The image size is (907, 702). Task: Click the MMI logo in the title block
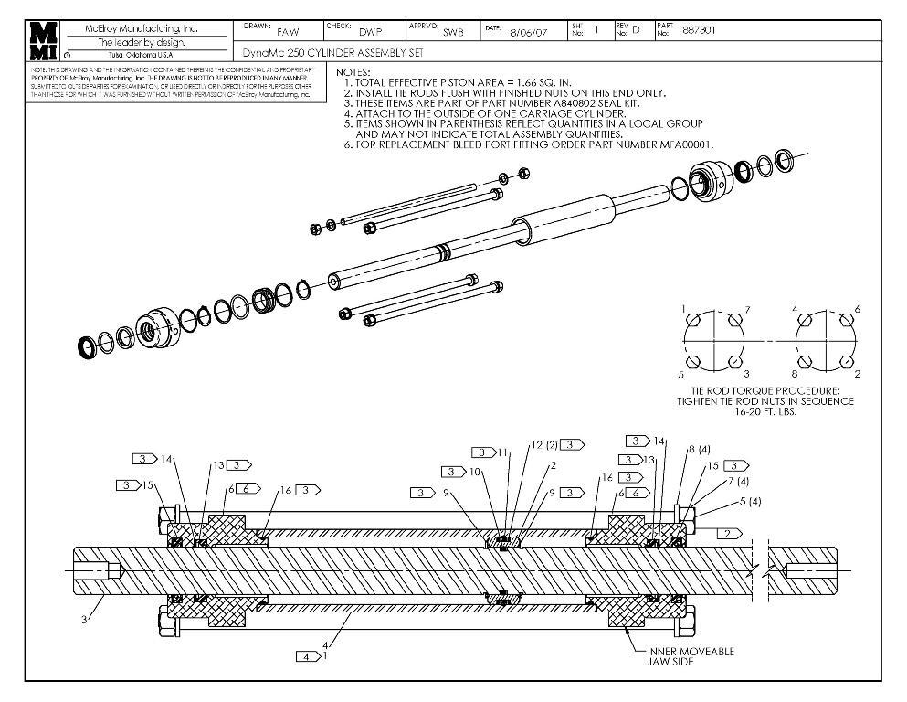click(x=43, y=41)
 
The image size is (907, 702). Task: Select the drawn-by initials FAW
click(x=286, y=33)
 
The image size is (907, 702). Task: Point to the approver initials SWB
click(x=453, y=33)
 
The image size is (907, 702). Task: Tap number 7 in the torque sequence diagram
click(x=746, y=310)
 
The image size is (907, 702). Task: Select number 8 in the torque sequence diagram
click(x=796, y=374)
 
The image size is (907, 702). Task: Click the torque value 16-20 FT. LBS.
click(x=765, y=412)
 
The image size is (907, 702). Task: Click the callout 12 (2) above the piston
click(x=543, y=445)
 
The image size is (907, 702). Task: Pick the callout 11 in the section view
click(x=504, y=452)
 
